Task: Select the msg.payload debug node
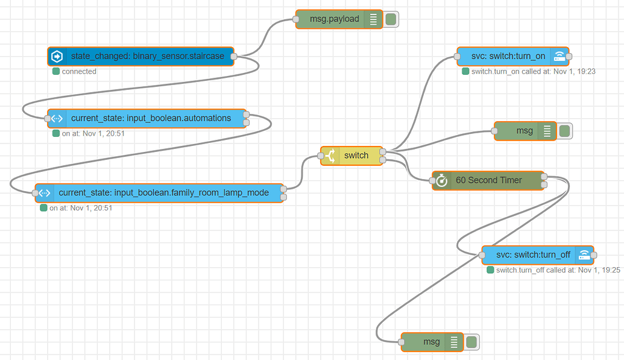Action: pos(335,19)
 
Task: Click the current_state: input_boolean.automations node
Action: pos(151,119)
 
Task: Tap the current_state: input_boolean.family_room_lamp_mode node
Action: pos(163,193)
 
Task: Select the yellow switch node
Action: pos(356,156)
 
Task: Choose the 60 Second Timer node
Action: pos(488,180)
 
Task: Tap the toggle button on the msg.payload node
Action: pos(391,19)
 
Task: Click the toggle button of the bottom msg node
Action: pos(471,343)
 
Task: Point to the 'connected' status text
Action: pos(79,71)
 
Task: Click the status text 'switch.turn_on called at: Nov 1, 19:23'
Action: pos(533,71)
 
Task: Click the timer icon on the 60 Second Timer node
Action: pos(442,180)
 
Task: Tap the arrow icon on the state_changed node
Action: pos(57,57)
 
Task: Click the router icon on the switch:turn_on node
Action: pos(560,56)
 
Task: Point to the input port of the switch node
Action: pos(321,156)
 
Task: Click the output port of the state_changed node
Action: pos(234,57)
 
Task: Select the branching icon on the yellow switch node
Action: pos(331,156)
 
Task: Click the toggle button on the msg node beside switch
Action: pos(564,131)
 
